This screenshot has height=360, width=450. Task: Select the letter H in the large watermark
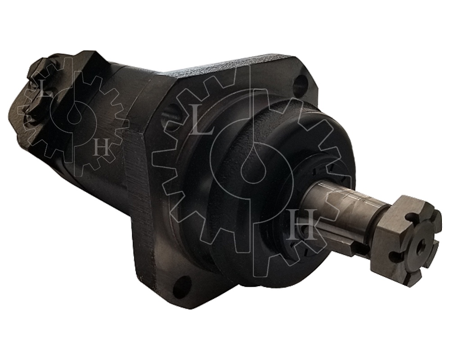coord(303,225)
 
